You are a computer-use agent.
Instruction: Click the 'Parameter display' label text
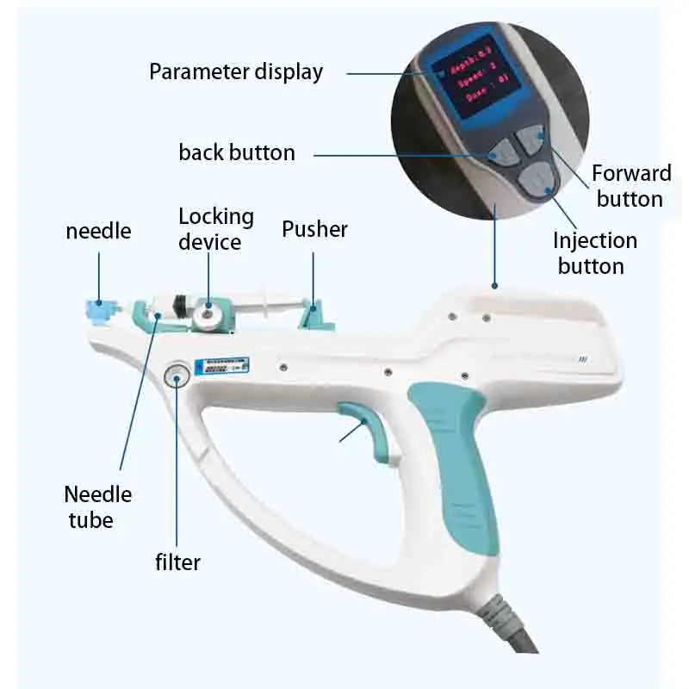click(235, 71)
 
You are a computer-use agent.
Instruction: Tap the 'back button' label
click(237, 153)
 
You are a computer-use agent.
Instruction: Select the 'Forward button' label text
click(631, 186)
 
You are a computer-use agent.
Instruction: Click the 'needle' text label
click(98, 231)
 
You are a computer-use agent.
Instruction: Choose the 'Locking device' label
click(216, 228)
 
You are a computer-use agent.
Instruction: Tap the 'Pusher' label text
click(315, 229)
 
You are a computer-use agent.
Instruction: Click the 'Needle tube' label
click(97, 507)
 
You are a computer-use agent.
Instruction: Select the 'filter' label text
click(177, 562)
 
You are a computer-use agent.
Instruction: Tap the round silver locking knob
click(206, 314)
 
